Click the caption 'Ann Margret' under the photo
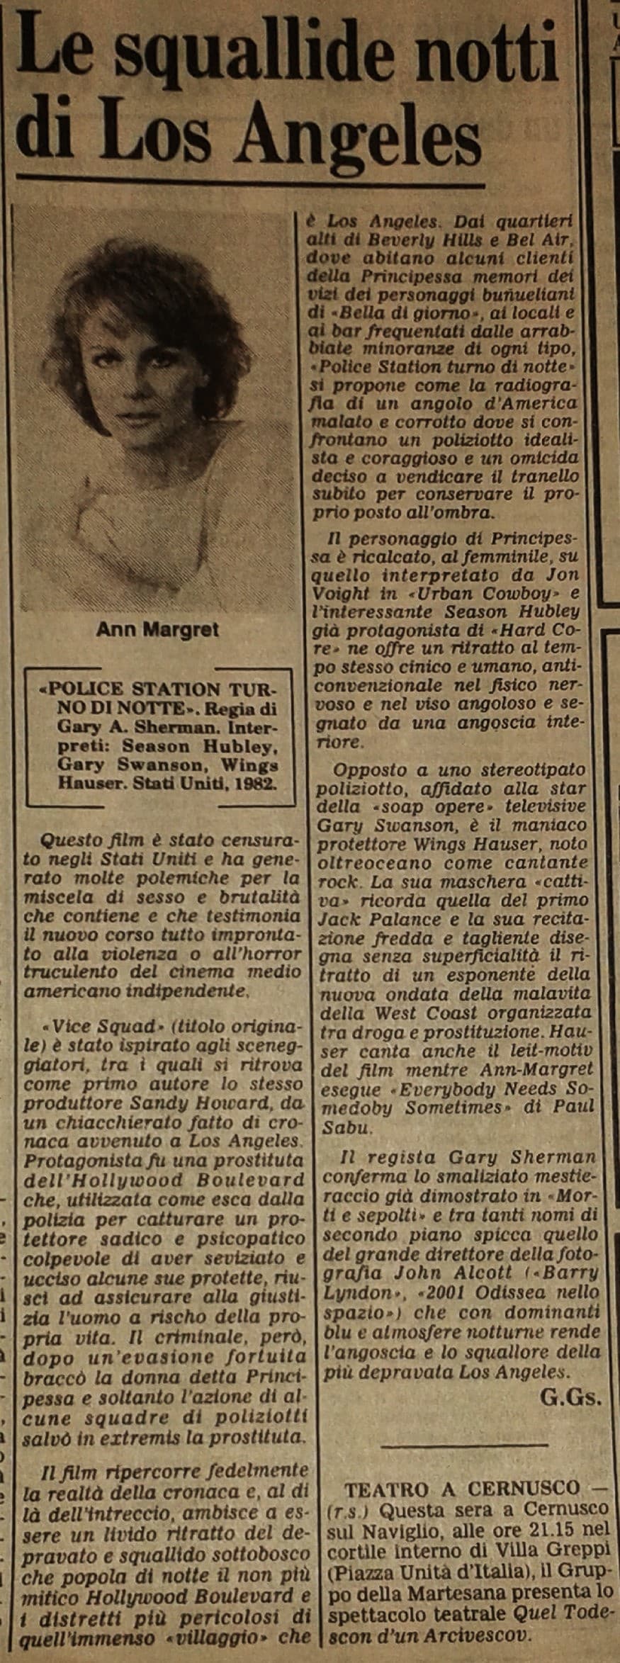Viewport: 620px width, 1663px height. pyautogui.click(x=157, y=628)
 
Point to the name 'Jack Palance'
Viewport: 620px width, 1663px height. pyautogui.click(x=370, y=920)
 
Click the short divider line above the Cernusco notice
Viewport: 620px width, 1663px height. pyautogui.click(x=463, y=1441)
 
